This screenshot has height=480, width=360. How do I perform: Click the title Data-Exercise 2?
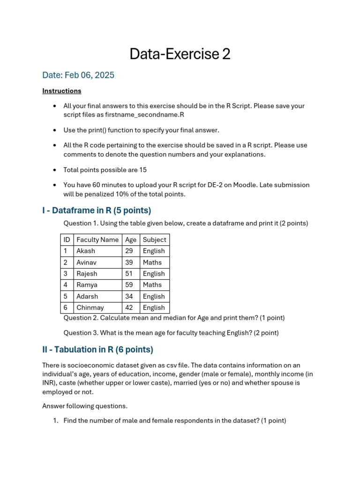coord(180,54)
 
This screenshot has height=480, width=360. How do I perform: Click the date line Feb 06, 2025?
coord(78,75)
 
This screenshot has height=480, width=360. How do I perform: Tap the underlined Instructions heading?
coord(61,91)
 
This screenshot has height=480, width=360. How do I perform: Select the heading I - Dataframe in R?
coord(97,210)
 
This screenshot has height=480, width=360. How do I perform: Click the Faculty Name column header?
coord(97,240)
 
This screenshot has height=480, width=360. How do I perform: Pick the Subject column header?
coord(154,240)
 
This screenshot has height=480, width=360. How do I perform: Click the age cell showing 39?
coord(129,262)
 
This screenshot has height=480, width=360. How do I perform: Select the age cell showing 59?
coord(129,285)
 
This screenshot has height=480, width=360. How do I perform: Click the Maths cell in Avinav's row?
coord(152,262)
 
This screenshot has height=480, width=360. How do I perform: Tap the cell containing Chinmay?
coord(90,307)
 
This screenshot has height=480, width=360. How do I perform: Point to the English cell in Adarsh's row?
coord(154,296)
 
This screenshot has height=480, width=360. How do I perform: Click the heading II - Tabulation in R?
coord(97,350)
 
